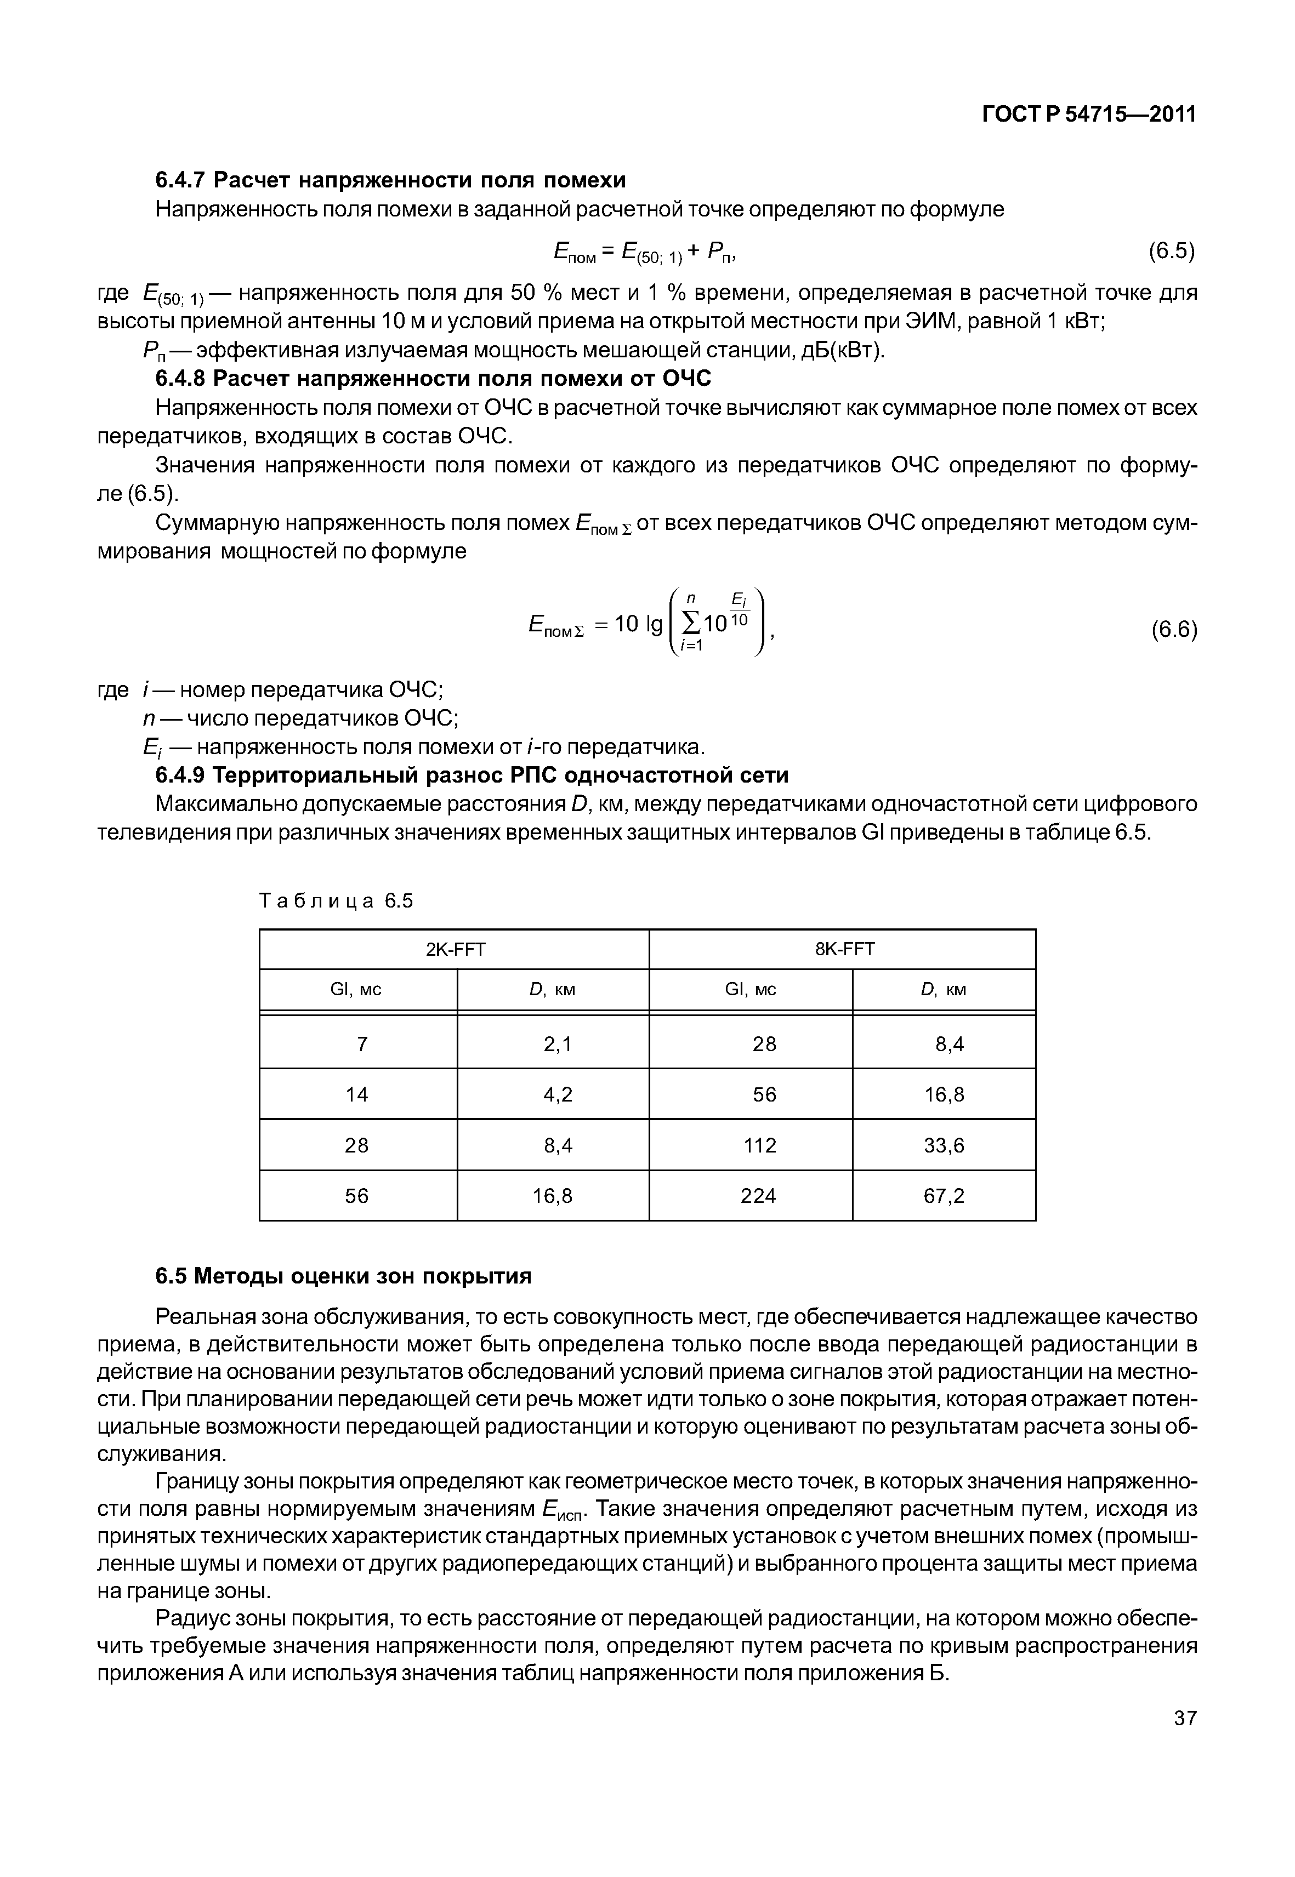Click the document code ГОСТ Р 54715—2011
point(1089,115)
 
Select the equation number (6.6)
point(1173,630)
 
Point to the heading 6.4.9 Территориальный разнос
point(472,775)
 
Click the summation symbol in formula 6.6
point(690,623)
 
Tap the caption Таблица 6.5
point(336,900)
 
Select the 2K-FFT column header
point(455,949)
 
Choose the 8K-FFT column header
point(844,949)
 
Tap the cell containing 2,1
point(558,1044)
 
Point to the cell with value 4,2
point(558,1095)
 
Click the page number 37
point(1185,1741)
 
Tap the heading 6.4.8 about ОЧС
point(433,379)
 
